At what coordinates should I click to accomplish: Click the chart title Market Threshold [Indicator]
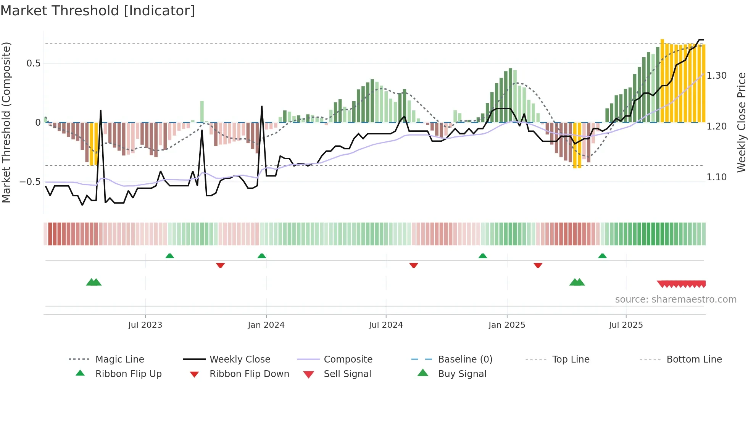click(98, 11)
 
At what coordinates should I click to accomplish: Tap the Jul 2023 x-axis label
click(145, 325)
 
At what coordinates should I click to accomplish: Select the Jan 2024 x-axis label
click(266, 325)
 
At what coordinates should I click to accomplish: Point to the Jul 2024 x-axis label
click(385, 325)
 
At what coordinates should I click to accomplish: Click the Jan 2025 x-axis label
click(506, 325)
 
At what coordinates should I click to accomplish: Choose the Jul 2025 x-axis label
click(625, 325)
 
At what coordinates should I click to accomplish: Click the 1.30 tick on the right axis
click(716, 76)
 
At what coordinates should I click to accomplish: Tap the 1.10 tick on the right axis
click(716, 177)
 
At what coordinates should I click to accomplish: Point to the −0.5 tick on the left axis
click(30, 182)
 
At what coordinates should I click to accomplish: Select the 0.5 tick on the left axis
click(33, 63)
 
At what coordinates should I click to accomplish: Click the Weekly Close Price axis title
click(741, 122)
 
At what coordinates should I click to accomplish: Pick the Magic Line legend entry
click(119, 359)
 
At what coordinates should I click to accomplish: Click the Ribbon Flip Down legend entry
click(249, 374)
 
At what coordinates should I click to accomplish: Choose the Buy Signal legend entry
click(462, 374)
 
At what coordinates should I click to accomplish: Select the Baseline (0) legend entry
click(465, 359)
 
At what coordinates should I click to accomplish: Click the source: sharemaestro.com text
click(675, 300)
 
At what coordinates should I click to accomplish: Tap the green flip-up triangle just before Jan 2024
click(262, 256)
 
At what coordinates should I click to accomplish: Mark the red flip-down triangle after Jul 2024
click(414, 265)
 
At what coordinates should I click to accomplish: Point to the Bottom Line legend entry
click(694, 359)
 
